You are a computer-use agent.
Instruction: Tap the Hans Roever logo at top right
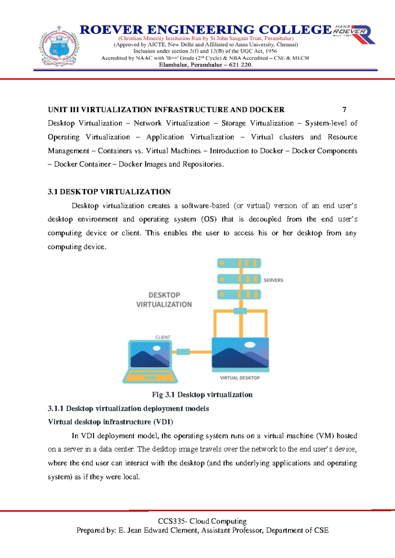click(354, 34)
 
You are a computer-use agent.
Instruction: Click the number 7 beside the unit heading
click(344, 110)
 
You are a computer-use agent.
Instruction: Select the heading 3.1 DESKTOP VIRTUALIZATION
click(109, 192)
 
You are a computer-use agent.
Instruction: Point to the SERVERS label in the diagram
click(273, 280)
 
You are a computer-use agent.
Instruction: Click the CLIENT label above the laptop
click(163, 337)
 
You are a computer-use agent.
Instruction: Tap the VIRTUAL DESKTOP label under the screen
click(240, 378)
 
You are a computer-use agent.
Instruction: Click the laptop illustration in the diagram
click(150, 362)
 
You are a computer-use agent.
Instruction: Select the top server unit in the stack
click(239, 263)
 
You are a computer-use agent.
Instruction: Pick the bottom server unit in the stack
click(239, 294)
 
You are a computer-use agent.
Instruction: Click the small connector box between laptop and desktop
click(183, 352)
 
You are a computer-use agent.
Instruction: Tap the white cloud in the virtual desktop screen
click(250, 345)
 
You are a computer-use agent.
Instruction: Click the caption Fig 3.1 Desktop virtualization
click(202, 394)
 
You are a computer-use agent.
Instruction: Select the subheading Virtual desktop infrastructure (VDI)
click(111, 422)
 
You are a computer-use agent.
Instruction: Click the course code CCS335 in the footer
click(171, 521)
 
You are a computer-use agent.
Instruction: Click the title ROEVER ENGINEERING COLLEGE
click(205, 30)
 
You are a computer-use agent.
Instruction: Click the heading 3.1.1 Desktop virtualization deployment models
click(128, 408)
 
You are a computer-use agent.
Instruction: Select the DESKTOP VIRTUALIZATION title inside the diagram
click(164, 300)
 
